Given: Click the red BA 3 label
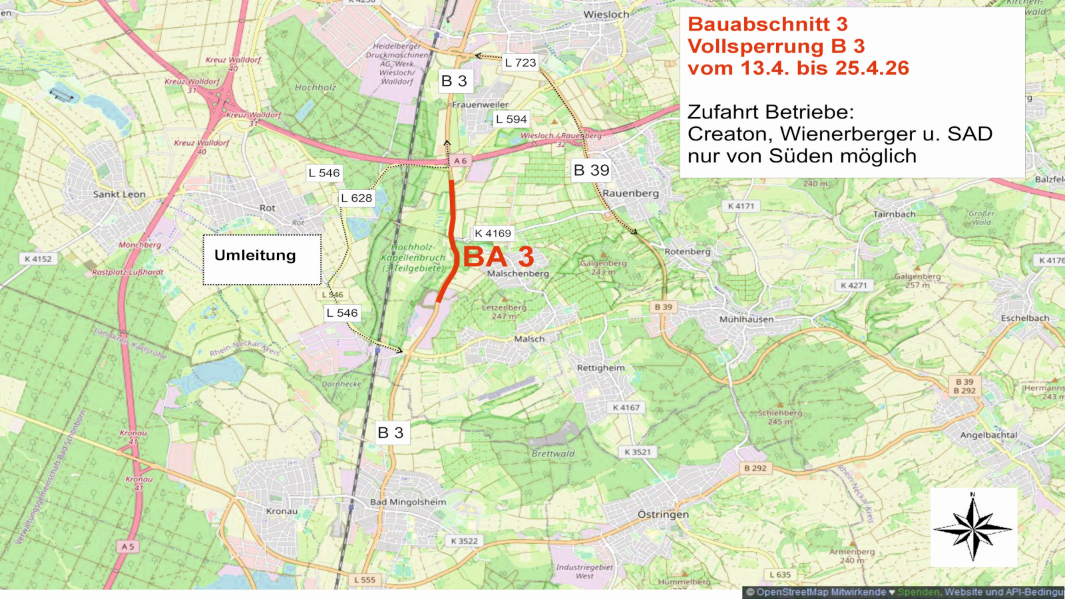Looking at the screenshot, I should [499, 257].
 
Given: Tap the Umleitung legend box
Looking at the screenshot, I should [262, 260].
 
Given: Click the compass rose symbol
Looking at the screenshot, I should [973, 528].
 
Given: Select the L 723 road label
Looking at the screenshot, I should [520, 63].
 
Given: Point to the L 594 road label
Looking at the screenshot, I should [511, 119].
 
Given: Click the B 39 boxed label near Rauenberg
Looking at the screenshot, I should [591, 170].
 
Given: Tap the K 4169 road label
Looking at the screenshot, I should [493, 234].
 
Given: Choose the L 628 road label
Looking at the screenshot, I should [356, 198].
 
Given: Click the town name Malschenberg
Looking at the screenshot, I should [518, 274].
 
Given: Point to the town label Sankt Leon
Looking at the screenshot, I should [119, 194].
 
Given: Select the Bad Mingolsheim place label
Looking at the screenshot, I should [408, 502].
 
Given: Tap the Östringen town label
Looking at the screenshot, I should [663, 514].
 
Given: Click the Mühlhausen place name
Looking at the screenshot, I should [746, 319].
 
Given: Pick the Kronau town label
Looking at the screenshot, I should [282, 511].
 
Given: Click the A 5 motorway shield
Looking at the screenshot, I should [128, 546].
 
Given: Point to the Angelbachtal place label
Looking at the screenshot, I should [988, 435].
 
